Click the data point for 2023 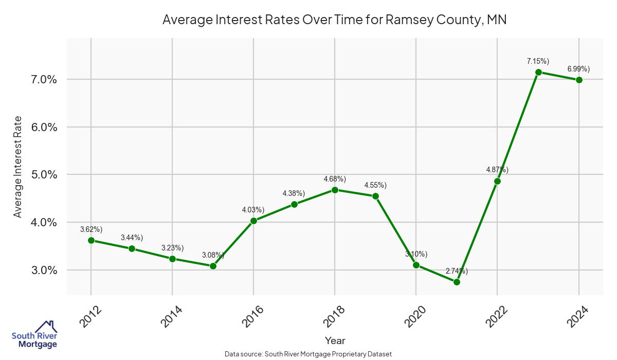[x=538, y=73]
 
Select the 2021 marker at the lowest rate [x=457, y=282]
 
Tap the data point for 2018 [x=335, y=190]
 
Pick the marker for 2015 [x=213, y=266]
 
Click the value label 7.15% [x=538, y=61]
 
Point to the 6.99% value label [x=578, y=68]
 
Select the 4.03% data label [x=253, y=210]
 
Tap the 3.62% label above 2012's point [x=91, y=229]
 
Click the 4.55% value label [x=375, y=185]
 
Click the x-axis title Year [x=335, y=340]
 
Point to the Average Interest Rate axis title [x=18, y=167]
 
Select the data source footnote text [x=308, y=354]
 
